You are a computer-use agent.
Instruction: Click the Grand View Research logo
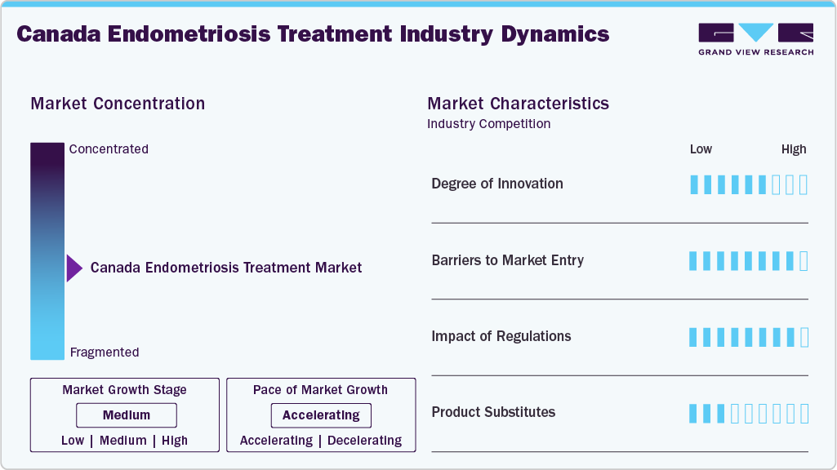pyautogui.click(x=755, y=39)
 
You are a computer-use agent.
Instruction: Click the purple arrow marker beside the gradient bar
pyautogui.click(x=74, y=268)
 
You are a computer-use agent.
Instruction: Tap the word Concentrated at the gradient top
pyautogui.click(x=109, y=149)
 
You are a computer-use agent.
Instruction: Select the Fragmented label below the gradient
pyautogui.click(x=105, y=352)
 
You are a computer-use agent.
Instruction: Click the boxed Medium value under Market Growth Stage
pyautogui.click(x=127, y=415)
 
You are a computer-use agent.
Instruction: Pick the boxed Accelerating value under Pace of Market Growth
pyautogui.click(x=321, y=415)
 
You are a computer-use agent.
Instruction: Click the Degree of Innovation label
pyautogui.click(x=497, y=184)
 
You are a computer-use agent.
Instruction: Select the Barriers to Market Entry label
pyautogui.click(x=508, y=260)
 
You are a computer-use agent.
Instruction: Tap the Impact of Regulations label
pyautogui.click(x=501, y=336)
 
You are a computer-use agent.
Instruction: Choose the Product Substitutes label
pyautogui.click(x=493, y=412)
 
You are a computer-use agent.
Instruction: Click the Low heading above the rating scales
pyautogui.click(x=701, y=149)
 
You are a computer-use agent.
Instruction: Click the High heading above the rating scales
pyautogui.click(x=794, y=149)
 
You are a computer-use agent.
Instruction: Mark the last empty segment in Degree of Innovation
pyautogui.click(x=804, y=184)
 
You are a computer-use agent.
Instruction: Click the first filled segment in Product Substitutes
pyautogui.click(x=694, y=414)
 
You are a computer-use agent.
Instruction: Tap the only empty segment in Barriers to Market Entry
pyautogui.click(x=804, y=261)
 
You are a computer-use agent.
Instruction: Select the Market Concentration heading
pyautogui.click(x=118, y=104)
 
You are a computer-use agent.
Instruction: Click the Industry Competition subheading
pyautogui.click(x=488, y=124)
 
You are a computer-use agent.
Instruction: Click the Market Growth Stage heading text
pyautogui.click(x=124, y=390)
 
